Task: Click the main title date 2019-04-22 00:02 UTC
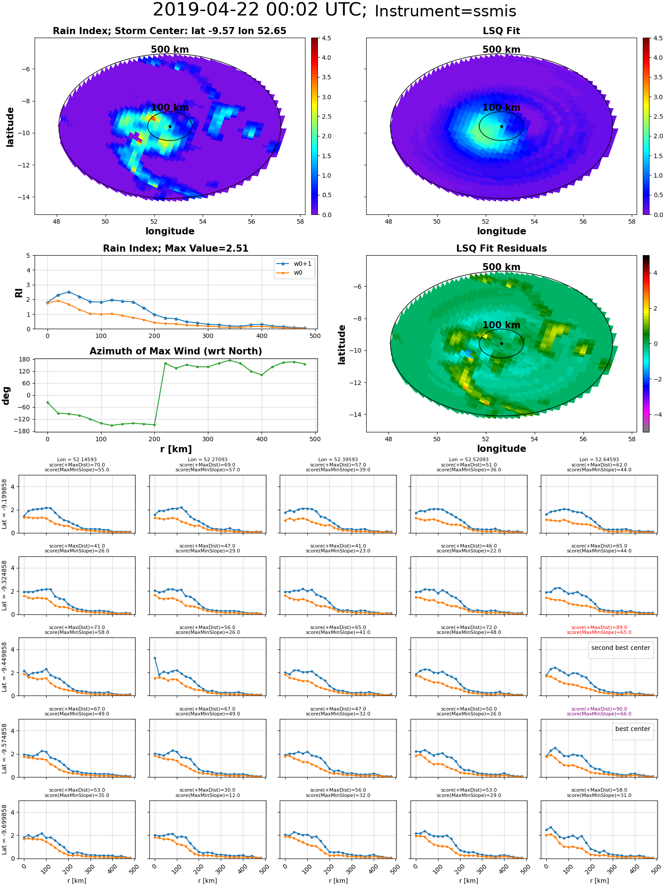[259, 10]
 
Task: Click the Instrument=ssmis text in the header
[445, 12]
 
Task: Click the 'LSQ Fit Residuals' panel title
[501, 249]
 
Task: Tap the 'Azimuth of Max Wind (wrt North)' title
[176, 351]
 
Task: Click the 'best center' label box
[633, 729]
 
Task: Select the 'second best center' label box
[620, 648]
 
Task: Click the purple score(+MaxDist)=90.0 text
[599, 709]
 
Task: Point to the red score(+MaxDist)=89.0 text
[599, 627]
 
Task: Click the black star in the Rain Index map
[170, 126]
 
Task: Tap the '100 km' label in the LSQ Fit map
[501, 108]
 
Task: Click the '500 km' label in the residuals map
[501, 267]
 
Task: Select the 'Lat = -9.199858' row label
[5, 504]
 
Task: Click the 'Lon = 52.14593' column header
[77, 460]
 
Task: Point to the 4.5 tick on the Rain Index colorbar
[326, 39]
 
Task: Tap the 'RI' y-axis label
[19, 292]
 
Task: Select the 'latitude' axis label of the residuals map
[342, 344]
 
